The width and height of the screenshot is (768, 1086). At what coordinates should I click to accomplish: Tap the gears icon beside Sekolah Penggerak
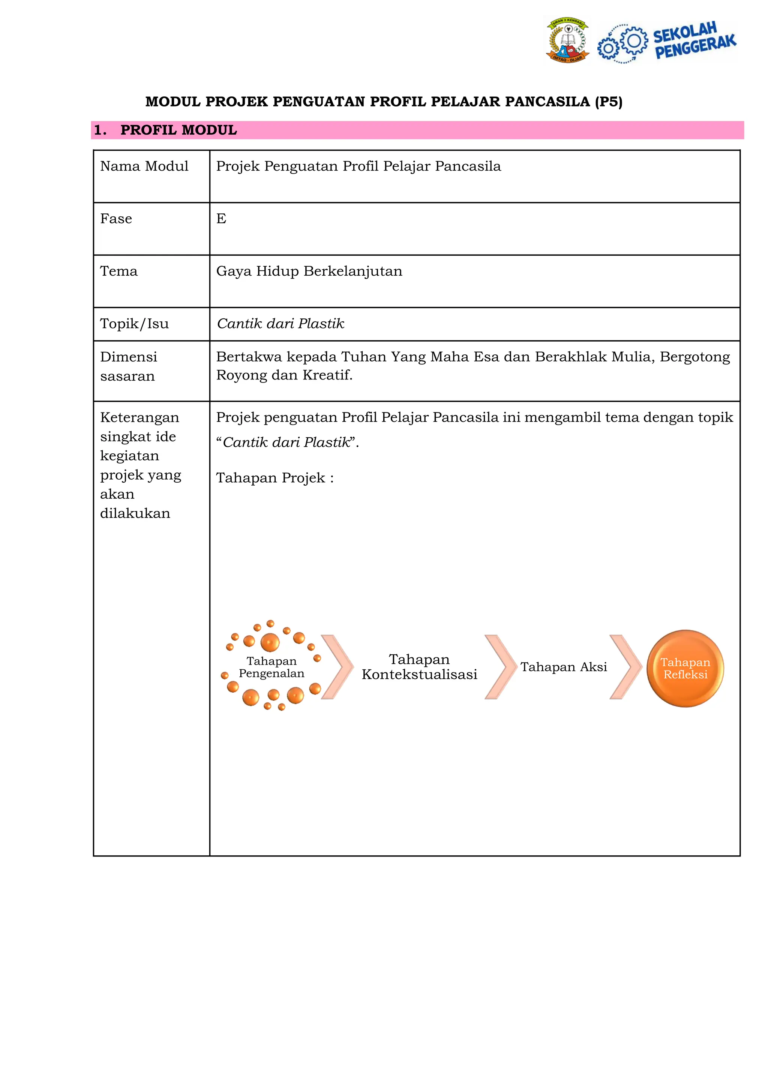[x=623, y=43]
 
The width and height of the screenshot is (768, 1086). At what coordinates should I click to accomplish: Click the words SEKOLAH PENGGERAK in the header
[x=694, y=40]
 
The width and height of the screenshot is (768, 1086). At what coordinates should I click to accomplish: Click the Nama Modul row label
[x=144, y=166]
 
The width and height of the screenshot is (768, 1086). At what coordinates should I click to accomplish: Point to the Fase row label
[x=116, y=219]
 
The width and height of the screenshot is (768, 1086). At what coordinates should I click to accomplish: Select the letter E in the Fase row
[x=221, y=219]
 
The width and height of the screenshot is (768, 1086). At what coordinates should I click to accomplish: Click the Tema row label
[x=119, y=271]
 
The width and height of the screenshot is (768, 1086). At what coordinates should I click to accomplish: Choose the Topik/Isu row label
[x=134, y=324]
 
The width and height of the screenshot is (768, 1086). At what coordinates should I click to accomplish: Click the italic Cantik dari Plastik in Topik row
[x=280, y=324]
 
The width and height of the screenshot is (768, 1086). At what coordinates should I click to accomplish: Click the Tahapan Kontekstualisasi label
[x=420, y=666]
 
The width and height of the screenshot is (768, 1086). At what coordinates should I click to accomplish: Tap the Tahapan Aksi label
[x=564, y=667]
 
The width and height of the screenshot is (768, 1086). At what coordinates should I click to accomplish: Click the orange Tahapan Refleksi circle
[x=685, y=668]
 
